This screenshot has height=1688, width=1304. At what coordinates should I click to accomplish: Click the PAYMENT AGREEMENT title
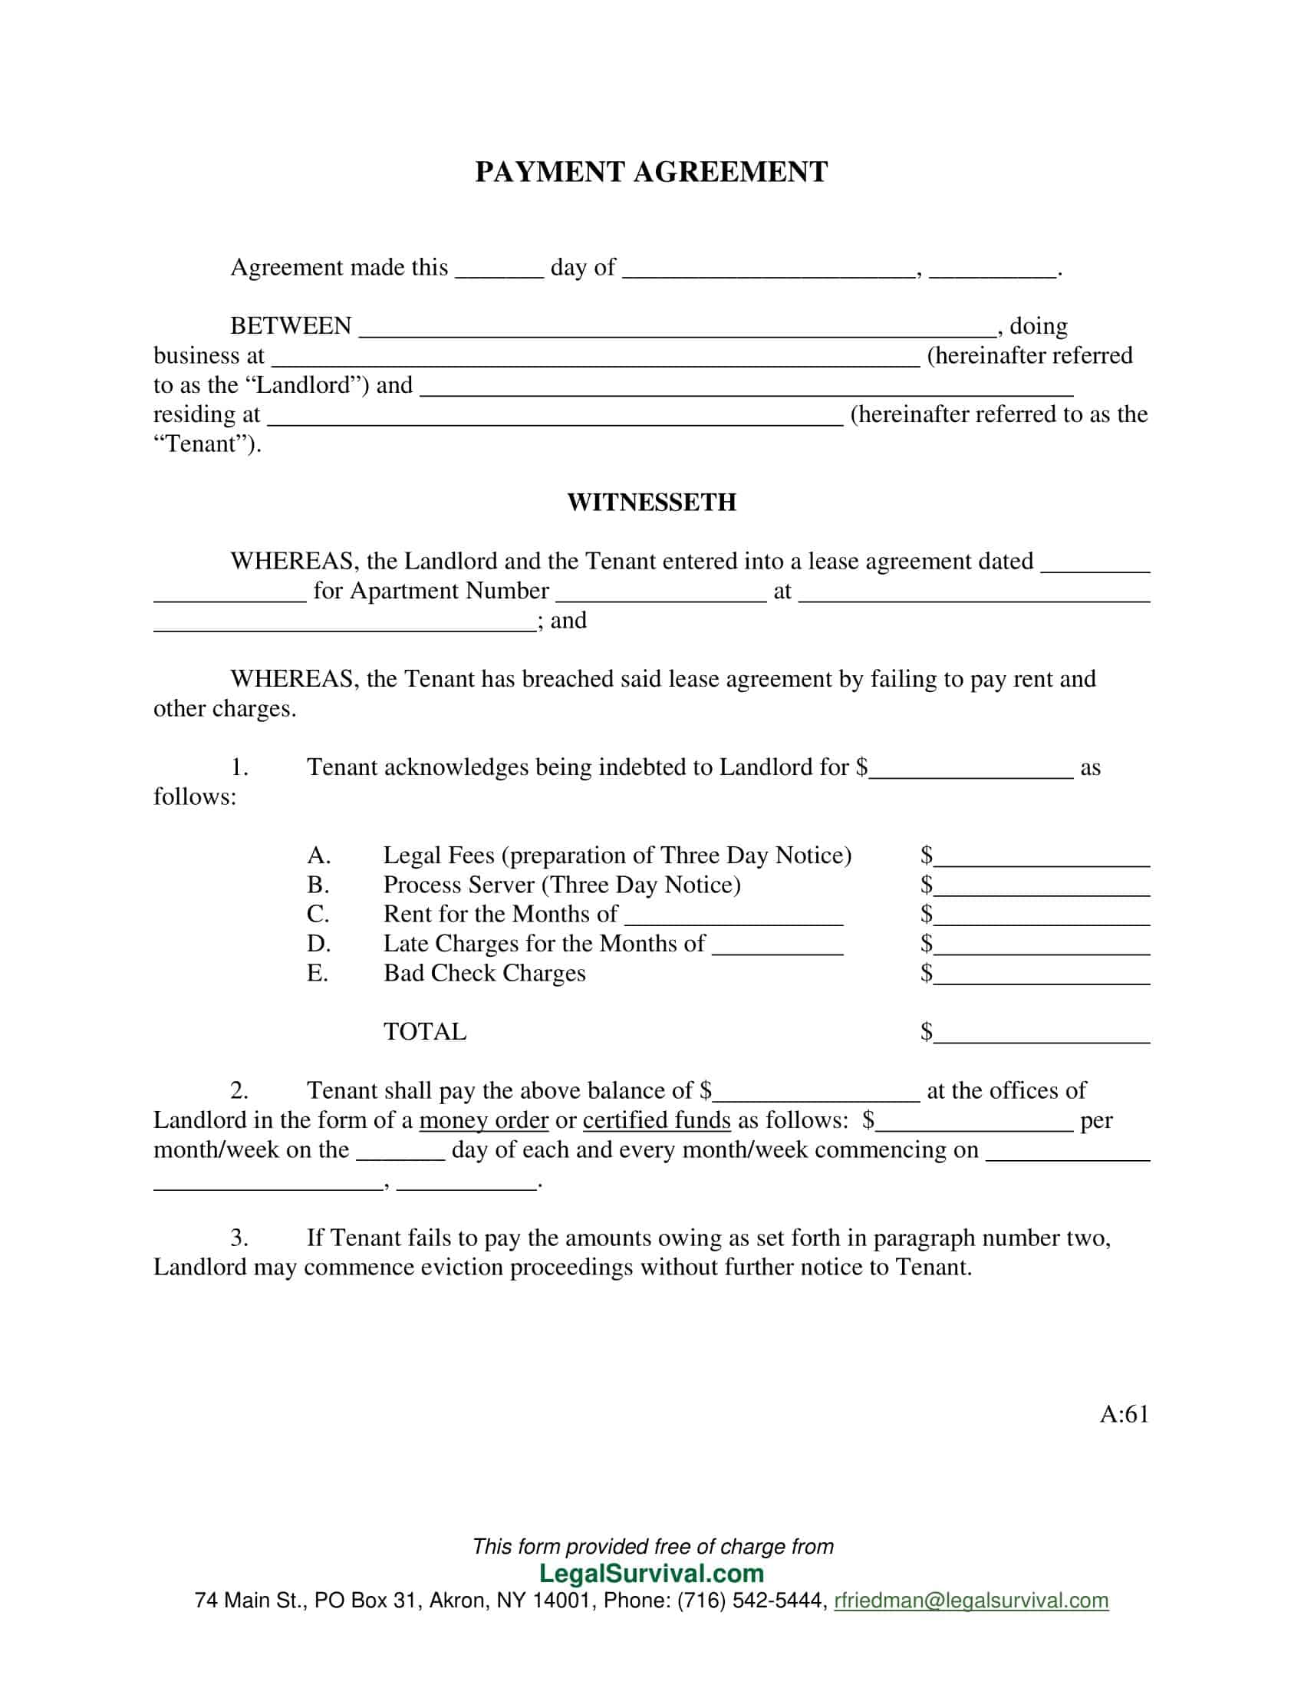tap(651, 172)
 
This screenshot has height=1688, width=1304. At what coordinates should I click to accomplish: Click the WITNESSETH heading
tap(651, 503)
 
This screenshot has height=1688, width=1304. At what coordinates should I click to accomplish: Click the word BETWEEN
tap(291, 326)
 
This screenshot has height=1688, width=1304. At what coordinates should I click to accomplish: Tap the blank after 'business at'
tap(594, 360)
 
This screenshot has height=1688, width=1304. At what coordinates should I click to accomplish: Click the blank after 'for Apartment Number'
tap(660, 596)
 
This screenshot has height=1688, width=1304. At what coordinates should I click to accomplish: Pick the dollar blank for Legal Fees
tap(1042, 860)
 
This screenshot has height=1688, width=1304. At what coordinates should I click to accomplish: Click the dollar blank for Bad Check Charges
tap(1042, 978)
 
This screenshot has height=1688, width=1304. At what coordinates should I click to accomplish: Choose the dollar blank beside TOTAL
tap(1042, 1037)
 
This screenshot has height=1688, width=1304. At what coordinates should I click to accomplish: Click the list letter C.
tap(318, 915)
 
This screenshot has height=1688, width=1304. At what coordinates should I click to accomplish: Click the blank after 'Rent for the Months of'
tap(733, 919)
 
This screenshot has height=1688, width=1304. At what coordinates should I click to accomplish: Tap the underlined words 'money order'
tap(483, 1121)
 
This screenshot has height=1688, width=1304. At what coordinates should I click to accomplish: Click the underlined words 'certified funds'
tap(656, 1121)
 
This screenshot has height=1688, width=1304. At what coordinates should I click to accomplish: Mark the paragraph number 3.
tap(239, 1238)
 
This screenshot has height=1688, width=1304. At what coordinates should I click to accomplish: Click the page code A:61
tap(1124, 1414)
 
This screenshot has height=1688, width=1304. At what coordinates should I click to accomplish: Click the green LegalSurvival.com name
tap(651, 1574)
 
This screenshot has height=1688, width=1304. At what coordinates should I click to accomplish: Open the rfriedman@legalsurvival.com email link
tap(971, 1601)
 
